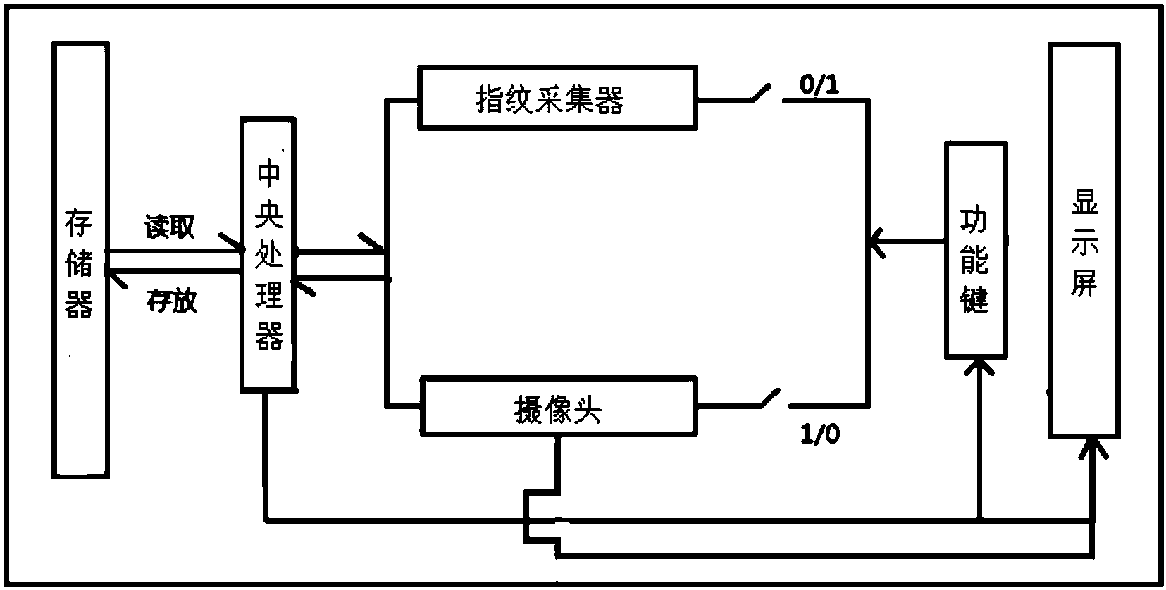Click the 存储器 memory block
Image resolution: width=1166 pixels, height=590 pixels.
[80, 261]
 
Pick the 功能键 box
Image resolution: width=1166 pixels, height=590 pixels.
[975, 250]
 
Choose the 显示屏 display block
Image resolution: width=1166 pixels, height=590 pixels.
[1084, 239]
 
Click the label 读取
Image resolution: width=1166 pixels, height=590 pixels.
[169, 227]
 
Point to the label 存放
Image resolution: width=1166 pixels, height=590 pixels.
[171, 301]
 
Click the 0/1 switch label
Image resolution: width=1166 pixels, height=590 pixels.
[819, 86]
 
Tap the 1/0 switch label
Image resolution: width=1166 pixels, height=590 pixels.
[820, 434]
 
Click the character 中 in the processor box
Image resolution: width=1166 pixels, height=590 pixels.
[268, 172]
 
